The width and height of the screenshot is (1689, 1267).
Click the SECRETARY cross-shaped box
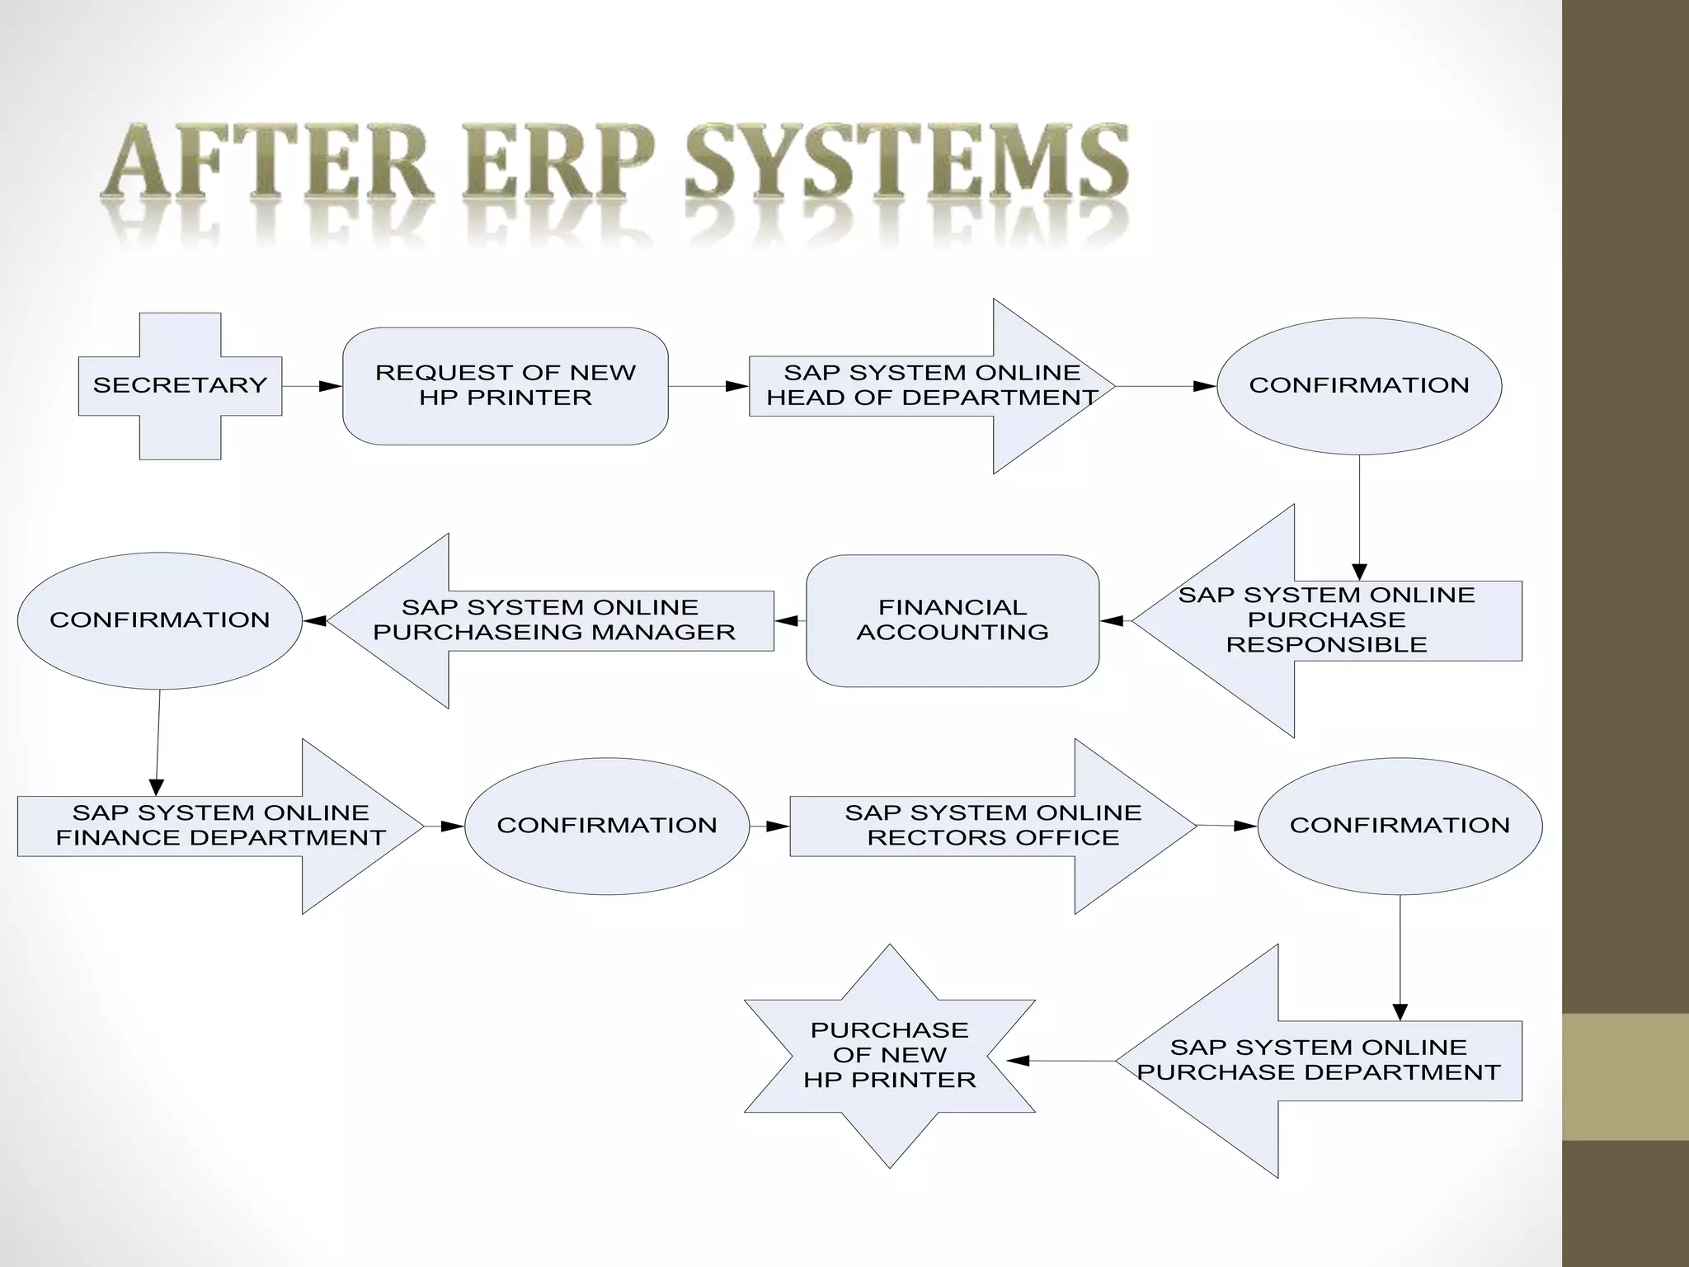[x=180, y=385]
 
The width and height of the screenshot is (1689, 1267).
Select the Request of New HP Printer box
[x=505, y=385]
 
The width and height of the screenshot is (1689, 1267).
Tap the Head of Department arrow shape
[x=932, y=385]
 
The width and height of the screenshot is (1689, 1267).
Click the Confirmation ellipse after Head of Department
[x=1359, y=385]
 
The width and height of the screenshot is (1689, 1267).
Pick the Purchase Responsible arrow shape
[x=1326, y=620]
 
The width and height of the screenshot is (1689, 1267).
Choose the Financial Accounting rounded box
[x=953, y=620]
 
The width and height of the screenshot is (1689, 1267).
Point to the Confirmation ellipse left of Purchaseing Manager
[x=159, y=620]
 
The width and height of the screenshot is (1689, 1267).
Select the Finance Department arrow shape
[x=220, y=826]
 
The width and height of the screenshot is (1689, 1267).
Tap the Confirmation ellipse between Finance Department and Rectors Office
[x=607, y=826]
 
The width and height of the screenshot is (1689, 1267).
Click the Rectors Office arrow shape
[x=993, y=826]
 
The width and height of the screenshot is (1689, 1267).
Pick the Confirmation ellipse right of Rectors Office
[x=1400, y=826]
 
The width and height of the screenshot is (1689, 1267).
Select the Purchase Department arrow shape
[x=1318, y=1061]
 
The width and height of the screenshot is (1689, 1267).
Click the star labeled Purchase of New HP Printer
[x=889, y=1055]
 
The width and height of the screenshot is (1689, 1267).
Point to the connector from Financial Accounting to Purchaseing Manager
[x=790, y=620]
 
